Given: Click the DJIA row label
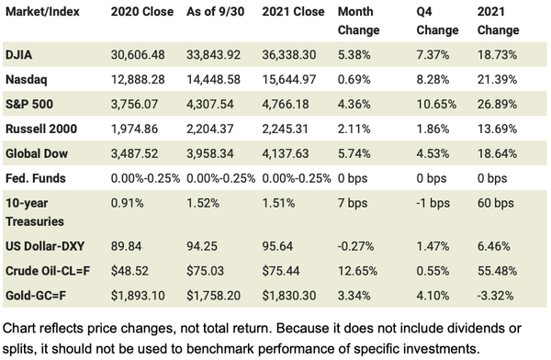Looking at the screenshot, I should click(23, 56).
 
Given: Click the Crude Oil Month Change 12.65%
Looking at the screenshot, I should click(358, 271).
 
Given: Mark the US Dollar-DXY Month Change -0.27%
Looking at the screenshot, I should click(356, 247).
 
